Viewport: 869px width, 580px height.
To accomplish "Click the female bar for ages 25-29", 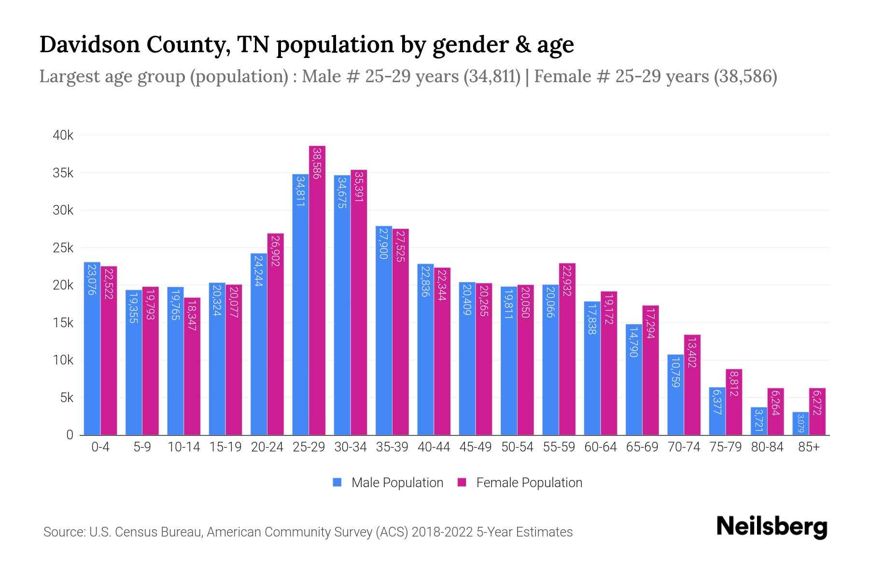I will pyautogui.click(x=317, y=290).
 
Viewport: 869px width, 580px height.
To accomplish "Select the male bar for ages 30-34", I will pyautogui.click(x=342, y=304).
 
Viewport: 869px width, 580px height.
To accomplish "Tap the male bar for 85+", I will pyautogui.click(x=800, y=423).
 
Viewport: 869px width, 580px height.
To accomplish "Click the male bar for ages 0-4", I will pyautogui.click(x=92, y=348).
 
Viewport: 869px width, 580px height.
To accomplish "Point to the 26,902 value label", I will pyautogui.click(x=276, y=251).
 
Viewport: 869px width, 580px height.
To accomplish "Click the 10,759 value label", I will pyautogui.click(x=675, y=372).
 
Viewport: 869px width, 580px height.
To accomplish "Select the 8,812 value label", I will pyautogui.click(x=734, y=384).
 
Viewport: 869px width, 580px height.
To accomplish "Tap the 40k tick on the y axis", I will pyautogui.click(x=63, y=135).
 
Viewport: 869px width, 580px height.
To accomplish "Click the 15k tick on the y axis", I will pyautogui.click(x=63, y=322).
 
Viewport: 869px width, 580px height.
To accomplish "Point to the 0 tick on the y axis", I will pyautogui.click(x=70, y=435).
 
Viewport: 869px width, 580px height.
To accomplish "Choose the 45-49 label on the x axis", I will pyautogui.click(x=476, y=447).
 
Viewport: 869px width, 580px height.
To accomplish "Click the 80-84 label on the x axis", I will pyautogui.click(x=767, y=447).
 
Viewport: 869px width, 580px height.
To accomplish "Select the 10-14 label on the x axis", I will pyautogui.click(x=183, y=447).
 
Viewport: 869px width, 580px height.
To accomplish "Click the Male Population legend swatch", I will pyautogui.click(x=337, y=482).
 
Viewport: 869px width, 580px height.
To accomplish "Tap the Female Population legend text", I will pyautogui.click(x=529, y=482).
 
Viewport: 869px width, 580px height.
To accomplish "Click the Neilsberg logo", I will pyautogui.click(x=771, y=526).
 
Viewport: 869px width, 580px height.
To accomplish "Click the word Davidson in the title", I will pyautogui.click(x=91, y=44).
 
